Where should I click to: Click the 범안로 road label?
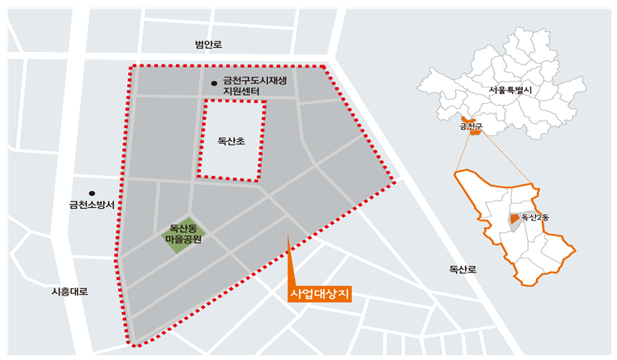[x=208, y=45]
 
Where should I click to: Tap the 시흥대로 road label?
[x=69, y=291]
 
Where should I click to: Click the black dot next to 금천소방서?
[x=92, y=193]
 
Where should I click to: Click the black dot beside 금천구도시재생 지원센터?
[x=214, y=82]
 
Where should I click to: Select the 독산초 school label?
[x=231, y=141]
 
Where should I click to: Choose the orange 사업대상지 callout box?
[x=320, y=294]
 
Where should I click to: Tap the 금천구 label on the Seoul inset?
[x=470, y=127]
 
